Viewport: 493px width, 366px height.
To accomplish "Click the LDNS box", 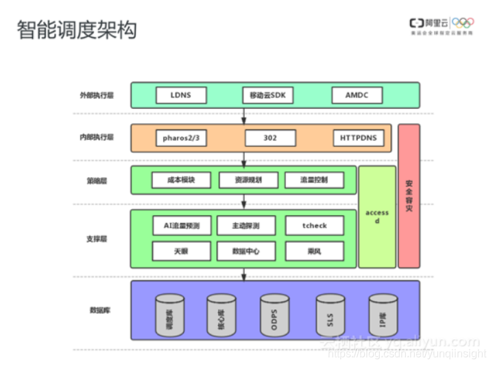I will pos(181,95).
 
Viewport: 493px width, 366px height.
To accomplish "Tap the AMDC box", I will pos(356,95).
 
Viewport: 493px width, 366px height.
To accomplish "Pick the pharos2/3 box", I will pos(181,138).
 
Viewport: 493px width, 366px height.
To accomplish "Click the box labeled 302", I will pos(270,138).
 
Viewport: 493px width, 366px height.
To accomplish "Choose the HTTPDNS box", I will pos(358,138).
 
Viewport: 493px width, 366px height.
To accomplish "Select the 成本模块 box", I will pos(181,180).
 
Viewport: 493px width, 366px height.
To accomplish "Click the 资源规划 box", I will pos(249,180).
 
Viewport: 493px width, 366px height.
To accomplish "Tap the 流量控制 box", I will pos(314,180).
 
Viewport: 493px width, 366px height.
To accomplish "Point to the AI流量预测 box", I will pos(181,225).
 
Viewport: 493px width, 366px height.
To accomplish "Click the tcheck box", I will pos(315,225).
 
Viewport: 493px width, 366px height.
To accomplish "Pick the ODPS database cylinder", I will pos(274,313).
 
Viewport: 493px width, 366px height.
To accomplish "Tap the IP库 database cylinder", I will pos(382,313).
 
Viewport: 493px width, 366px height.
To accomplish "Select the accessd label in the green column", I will pos(377,217).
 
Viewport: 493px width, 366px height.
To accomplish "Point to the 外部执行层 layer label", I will pos(96,95).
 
